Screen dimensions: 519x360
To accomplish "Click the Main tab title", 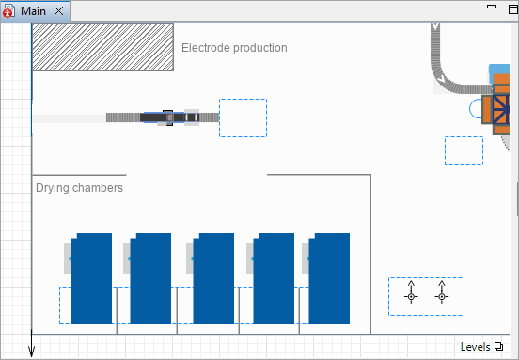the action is click(33, 11).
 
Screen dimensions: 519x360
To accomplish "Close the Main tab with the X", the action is click(59, 11).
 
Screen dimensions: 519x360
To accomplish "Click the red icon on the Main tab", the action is click(8, 11).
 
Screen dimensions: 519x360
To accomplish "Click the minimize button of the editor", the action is click(492, 7).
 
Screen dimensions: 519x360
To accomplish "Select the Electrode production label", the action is click(234, 48).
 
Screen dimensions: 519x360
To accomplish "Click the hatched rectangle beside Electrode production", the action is click(102, 47).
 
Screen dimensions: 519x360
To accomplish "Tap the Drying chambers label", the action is click(79, 188).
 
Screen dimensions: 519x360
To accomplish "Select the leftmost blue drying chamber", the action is click(91, 278).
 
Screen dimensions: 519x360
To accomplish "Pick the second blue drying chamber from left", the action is click(150, 278).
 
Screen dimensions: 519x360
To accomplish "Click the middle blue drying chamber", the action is click(213, 278).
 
